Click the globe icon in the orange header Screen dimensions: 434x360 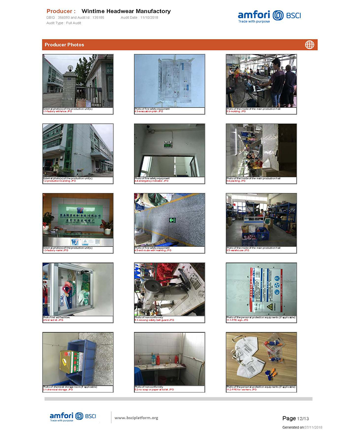tap(309, 45)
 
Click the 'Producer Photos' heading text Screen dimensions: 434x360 tap(64, 45)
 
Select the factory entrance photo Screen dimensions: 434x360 tap(78, 81)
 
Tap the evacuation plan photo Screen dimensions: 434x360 tap(169, 81)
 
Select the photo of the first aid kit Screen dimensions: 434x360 tap(78, 289)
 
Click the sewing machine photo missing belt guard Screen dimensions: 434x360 tap(169, 289)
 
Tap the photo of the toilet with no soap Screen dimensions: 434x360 tap(169, 358)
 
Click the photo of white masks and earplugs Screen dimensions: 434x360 tap(261, 358)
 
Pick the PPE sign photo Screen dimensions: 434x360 tap(261, 289)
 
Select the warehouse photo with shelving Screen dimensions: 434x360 tap(261, 219)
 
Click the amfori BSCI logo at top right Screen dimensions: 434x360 tap(269, 16)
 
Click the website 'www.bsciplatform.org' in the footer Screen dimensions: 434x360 tap(136, 418)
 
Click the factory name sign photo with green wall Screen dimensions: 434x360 tap(78, 219)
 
